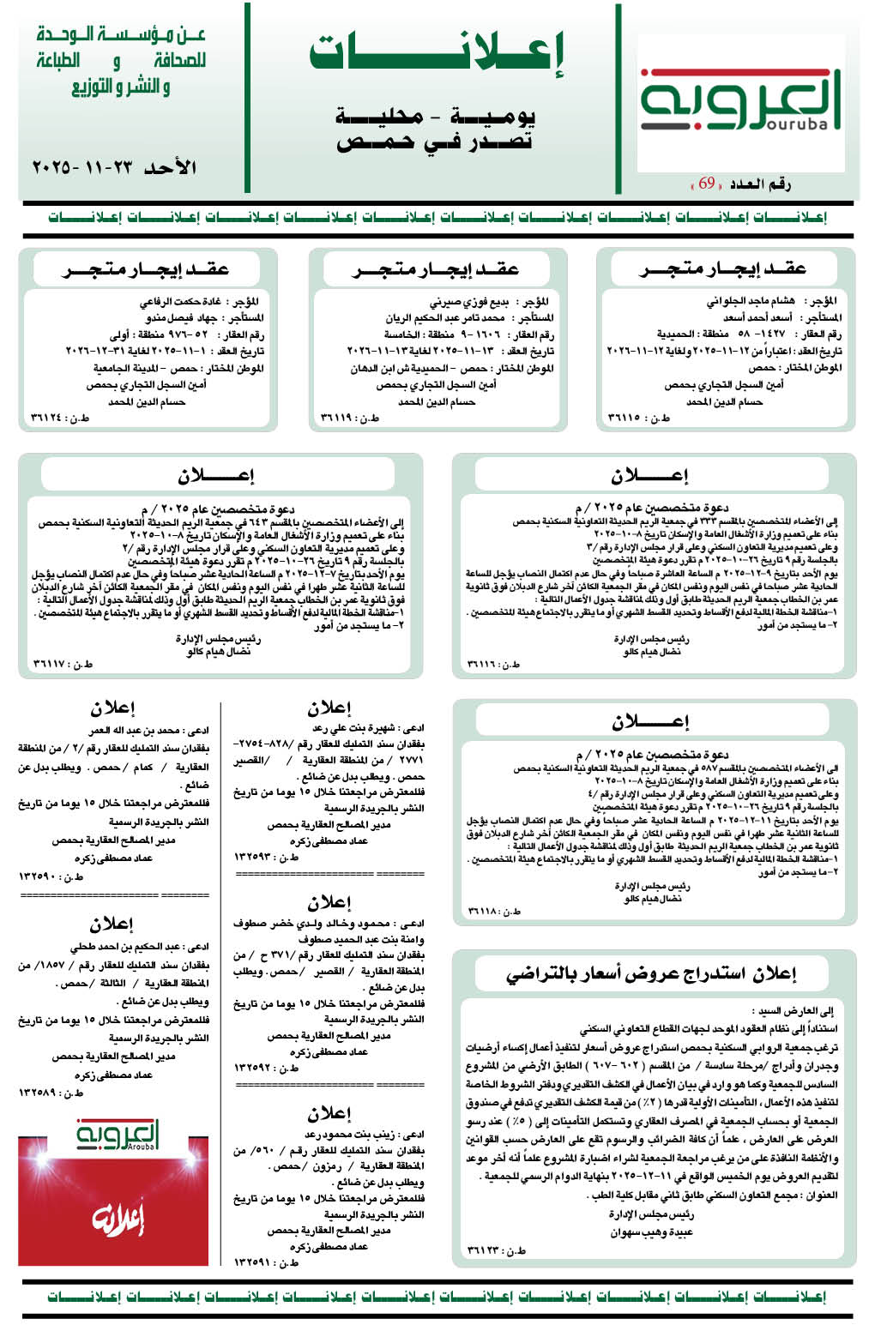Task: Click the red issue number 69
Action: pos(706,184)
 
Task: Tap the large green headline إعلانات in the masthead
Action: pos(437,53)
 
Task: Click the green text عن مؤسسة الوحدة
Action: pos(121,35)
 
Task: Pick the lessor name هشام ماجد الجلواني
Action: pos(750,301)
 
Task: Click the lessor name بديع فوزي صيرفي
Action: pos(469,301)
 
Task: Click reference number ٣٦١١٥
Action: pos(638,418)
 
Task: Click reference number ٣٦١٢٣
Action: pos(497,1250)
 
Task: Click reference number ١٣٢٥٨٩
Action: pos(51,1093)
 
